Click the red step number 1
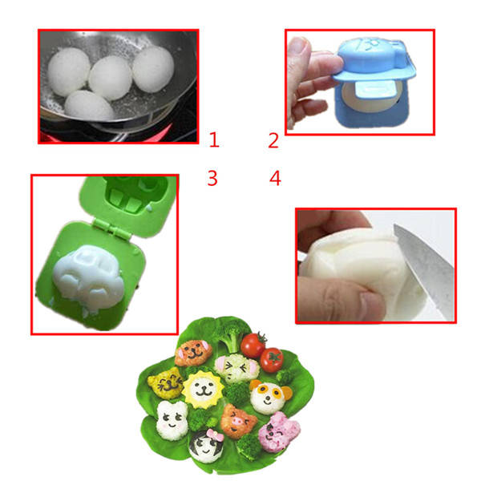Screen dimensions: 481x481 (214, 139)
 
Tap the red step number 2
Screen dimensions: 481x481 (273, 140)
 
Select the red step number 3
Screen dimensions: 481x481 (212, 178)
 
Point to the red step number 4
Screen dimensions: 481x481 (275, 178)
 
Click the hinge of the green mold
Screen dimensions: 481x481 (111, 228)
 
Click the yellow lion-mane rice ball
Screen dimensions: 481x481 (203, 390)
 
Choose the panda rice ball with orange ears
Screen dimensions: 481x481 (269, 397)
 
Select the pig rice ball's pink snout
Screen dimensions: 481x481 (236, 422)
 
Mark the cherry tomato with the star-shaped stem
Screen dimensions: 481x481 (272, 360)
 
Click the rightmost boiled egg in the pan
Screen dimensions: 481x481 (153, 69)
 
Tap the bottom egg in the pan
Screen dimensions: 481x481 (89, 106)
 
